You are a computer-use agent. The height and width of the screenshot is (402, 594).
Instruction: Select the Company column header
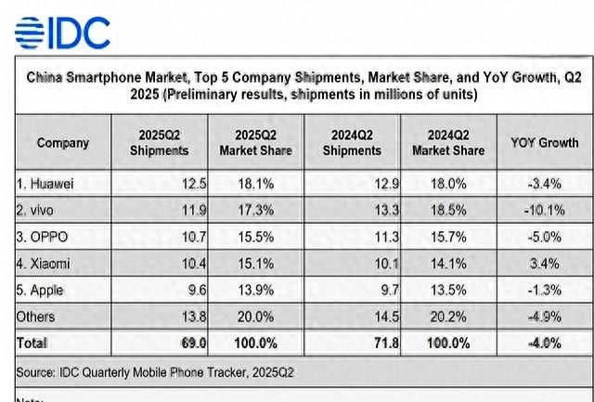[63, 143]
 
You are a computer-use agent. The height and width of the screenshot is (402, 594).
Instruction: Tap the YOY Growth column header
[544, 143]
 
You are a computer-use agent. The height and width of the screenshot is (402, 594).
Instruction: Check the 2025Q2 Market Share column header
[255, 143]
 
